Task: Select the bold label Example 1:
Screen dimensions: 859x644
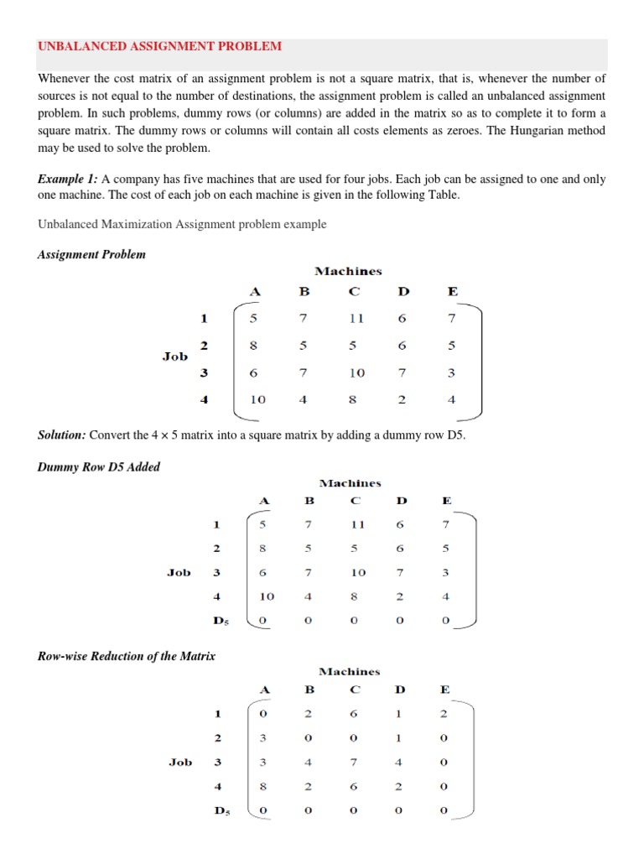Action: [68, 180]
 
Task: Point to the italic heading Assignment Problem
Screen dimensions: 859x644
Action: [91, 254]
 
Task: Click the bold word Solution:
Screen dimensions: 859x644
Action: [62, 435]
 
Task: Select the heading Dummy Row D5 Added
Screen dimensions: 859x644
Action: [99, 467]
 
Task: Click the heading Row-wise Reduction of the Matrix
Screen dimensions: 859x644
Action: [127, 656]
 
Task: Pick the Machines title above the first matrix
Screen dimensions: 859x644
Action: [348, 271]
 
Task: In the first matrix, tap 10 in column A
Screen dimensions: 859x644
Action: [257, 400]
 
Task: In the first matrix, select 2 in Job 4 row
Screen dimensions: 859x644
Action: [402, 400]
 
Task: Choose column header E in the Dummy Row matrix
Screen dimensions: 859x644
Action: [446, 501]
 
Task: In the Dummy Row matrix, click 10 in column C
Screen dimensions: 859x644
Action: [358, 573]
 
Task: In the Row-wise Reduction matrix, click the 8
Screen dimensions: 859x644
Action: [262, 787]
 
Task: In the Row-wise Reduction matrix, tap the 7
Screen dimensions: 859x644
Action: [355, 763]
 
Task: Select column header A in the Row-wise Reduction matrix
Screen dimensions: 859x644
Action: [264, 690]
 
